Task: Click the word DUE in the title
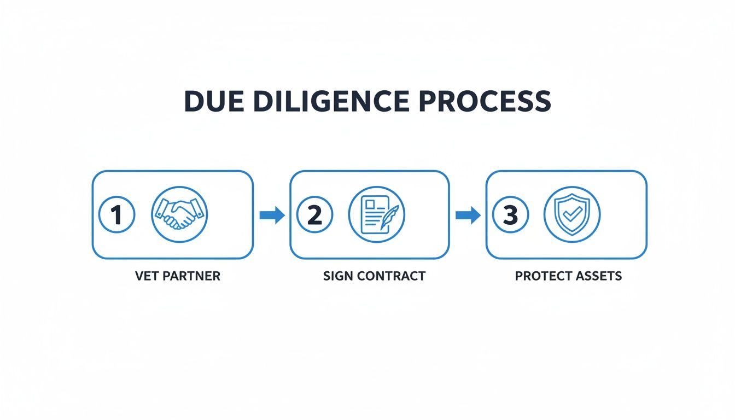tap(214, 101)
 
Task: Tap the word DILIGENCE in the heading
tap(331, 101)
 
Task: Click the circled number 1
tap(117, 214)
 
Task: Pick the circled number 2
tap(314, 214)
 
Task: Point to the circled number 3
tap(511, 214)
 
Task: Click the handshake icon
tap(179, 214)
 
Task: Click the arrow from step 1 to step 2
tap(272, 215)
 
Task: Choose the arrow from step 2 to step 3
tap(468, 215)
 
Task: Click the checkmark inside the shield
tap(573, 214)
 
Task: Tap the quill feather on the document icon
tap(390, 217)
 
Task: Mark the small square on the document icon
tap(370, 205)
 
